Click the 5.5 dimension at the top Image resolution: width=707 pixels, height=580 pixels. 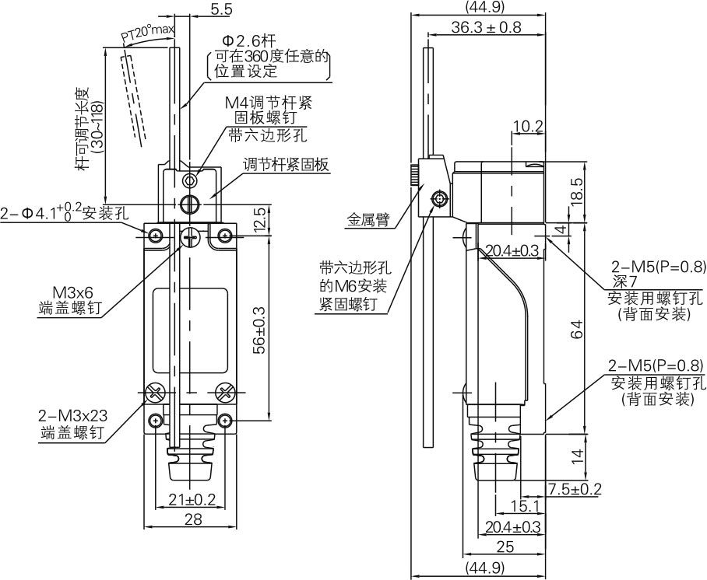coord(199,11)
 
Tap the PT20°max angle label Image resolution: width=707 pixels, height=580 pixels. coord(149,32)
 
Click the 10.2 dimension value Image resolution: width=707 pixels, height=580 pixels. coord(527,125)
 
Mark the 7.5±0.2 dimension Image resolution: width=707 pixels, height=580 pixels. coord(575,489)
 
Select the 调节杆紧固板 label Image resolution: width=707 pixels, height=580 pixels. coord(286,164)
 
